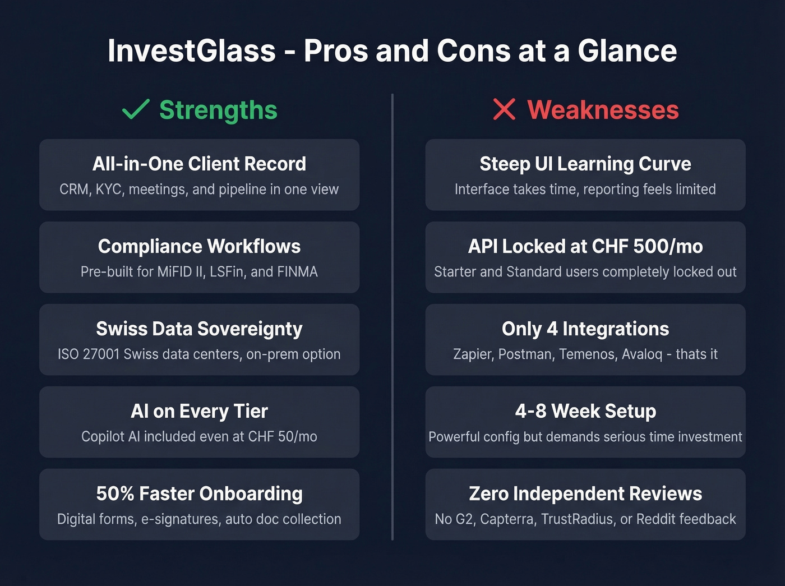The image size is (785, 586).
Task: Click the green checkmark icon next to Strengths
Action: click(x=136, y=109)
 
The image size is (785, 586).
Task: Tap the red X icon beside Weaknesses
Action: click(x=504, y=109)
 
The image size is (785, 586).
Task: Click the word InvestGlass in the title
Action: click(x=192, y=50)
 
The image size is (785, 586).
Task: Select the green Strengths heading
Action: click(x=218, y=110)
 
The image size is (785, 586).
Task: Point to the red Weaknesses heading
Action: click(x=603, y=110)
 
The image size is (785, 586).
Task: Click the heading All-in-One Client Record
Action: click(x=199, y=164)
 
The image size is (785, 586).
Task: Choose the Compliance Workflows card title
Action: click(x=199, y=246)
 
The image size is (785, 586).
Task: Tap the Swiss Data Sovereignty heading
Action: click(x=199, y=329)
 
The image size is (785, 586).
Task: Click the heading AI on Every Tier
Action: click(x=199, y=411)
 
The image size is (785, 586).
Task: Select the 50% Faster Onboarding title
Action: click(x=199, y=493)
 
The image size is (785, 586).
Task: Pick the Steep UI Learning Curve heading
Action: click(x=585, y=164)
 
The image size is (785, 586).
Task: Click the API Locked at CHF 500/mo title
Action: click(x=585, y=246)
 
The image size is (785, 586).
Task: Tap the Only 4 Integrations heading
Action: click(x=585, y=329)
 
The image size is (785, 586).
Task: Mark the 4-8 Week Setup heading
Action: click(x=585, y=411)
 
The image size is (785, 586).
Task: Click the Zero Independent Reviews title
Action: click(x=585, y=493)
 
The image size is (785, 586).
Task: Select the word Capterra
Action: click(x=507, y=519)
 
